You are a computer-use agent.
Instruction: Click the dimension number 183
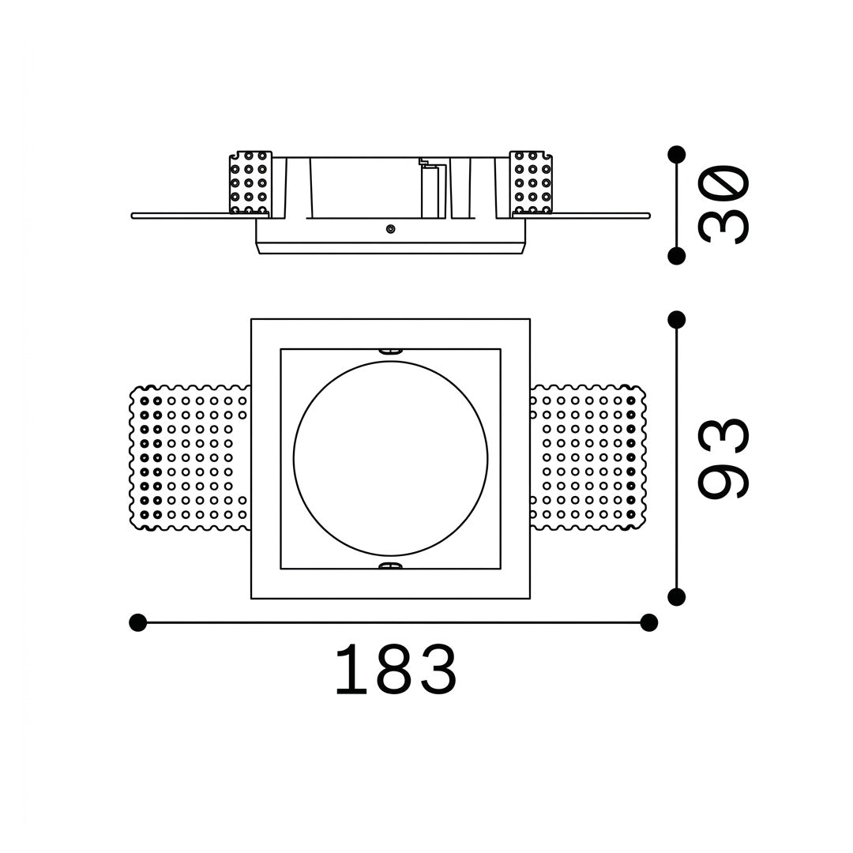pyautogui.click(x=396, y=670)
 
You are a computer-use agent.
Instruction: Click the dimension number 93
pyautogui.click(x=724, y=458)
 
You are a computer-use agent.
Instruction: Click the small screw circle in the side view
pyautogui.click(x=390, y=229)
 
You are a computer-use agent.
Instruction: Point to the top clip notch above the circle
pyautogui.click(x=389, y=351)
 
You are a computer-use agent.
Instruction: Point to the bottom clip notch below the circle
pyautogui.click(x=389, y=566)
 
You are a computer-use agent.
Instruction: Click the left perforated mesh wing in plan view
pyautogui.click(x=190, y=458)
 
